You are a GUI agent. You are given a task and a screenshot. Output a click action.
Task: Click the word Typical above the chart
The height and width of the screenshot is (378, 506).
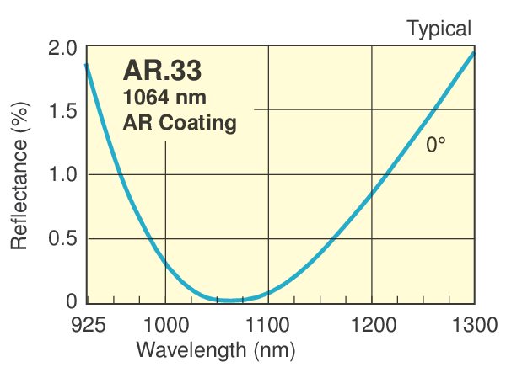(439, 29)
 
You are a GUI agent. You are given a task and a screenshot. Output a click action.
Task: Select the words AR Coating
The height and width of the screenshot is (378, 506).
(180, 123)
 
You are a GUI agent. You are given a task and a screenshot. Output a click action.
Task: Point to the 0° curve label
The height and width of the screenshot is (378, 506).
(435, 145)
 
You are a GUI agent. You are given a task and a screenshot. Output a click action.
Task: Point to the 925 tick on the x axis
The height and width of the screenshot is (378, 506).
(88, 323)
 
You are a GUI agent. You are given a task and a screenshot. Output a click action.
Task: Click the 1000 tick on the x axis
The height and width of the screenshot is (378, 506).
(165, 323)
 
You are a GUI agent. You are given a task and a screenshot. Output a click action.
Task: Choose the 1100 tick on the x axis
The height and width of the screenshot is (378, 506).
(268, 323)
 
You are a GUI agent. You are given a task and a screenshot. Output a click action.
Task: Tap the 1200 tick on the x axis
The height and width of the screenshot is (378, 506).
(371, 323)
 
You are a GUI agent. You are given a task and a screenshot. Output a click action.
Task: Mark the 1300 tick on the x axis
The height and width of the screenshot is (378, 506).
(472, 323)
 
